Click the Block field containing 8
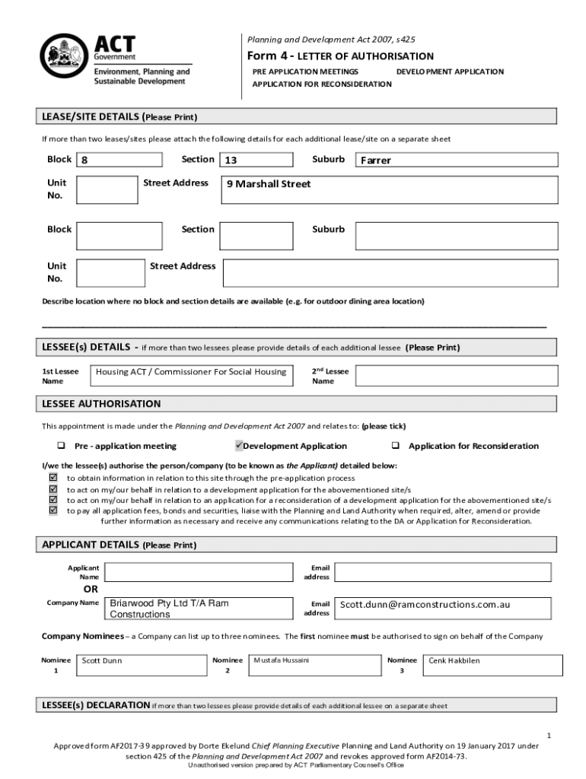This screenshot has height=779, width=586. [120, 160]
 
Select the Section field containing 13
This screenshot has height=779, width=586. [256, 160]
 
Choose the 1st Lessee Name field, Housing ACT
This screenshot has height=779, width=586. [191, 372]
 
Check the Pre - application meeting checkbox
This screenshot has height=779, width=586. [59, 446]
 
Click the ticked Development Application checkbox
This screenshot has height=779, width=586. [238, 445]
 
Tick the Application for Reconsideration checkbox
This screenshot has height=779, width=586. [396, 446]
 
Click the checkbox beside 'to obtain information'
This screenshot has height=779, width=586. [53, 478]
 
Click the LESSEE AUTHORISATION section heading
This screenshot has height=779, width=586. [101, 404]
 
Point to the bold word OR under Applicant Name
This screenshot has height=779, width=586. [90, 589]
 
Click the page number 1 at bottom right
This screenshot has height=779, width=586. [548, 735]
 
